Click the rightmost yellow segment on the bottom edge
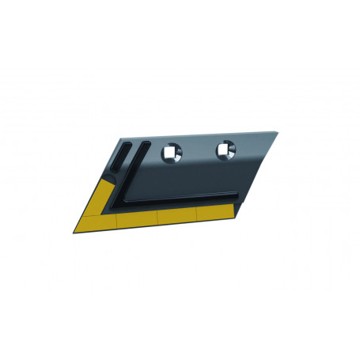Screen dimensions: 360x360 (214, 211)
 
